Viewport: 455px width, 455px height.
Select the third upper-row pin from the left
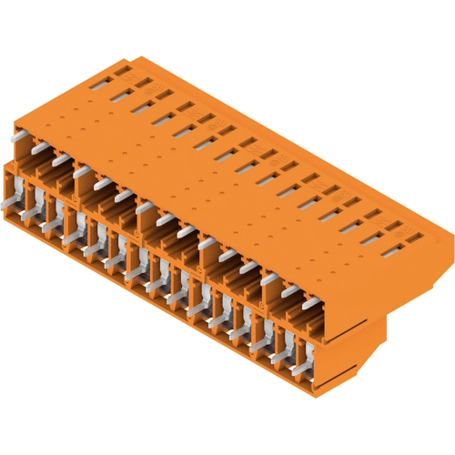pyautogui.click(x=61, y=159)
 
